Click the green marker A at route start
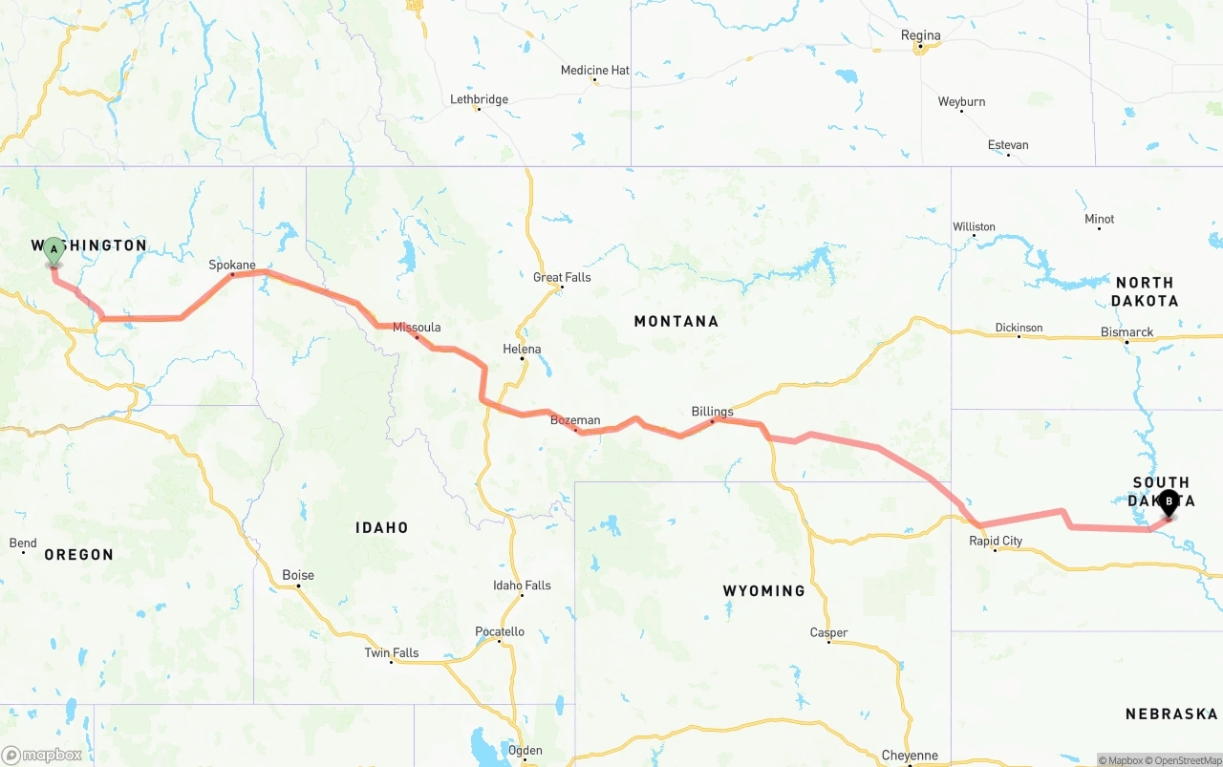(54, 251)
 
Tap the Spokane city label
(232, 265)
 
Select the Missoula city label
(417, 328)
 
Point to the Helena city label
(522, 350)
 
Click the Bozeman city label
(575, 420)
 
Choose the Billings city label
(712, 412)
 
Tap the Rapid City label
(996, 541)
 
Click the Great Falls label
(562, 278)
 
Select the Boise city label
(298, 575)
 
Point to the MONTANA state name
(676, 321)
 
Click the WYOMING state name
(763, 591)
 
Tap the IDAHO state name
(381, 527)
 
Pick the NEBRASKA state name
(1170, 714)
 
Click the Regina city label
(920, 35)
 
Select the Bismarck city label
(1126, 332)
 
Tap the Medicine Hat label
(594, 71)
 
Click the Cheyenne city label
(910, 756)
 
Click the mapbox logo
(42, 755)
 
